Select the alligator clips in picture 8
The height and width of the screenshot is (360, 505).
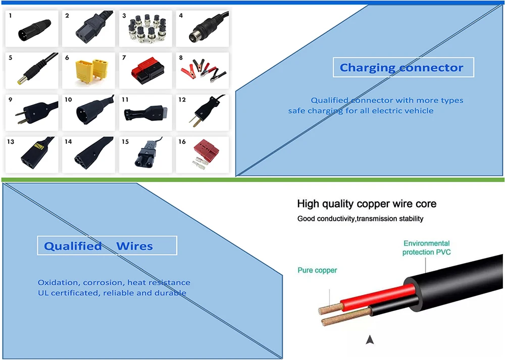(205, 70)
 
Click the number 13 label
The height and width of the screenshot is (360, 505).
(11, 142)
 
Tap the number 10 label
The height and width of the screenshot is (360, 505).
(68, 100)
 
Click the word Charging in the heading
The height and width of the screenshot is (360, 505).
(367, 68)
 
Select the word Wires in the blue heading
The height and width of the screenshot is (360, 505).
(134, 246)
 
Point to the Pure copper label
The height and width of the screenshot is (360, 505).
(317, 271)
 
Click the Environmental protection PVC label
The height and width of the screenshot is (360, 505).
(427, 248)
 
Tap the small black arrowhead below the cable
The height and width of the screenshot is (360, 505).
(371, 340)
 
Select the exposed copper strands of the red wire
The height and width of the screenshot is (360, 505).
(329, 306)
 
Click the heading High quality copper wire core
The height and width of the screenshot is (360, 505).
(367, 204)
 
